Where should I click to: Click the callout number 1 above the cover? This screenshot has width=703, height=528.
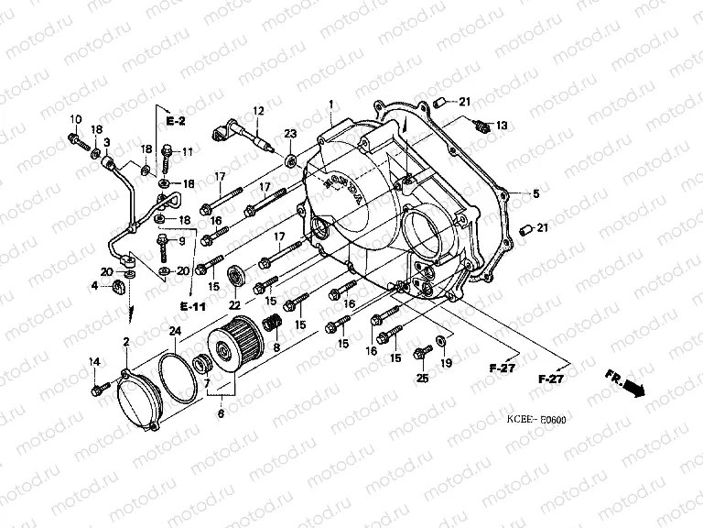coord(331,106)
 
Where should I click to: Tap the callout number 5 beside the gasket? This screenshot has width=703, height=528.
coord(536,193)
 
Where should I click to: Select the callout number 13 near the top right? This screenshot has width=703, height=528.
coord(501,125)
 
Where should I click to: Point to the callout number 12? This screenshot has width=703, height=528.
coord(259,111)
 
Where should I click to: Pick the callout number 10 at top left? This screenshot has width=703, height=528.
coord(75,119)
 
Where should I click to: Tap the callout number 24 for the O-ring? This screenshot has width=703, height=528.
coord(175,330)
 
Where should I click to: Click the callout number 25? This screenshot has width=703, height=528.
coord(422,379)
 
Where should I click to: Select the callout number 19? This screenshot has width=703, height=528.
coord(447,364)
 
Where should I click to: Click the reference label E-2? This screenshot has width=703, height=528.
coord(176,120)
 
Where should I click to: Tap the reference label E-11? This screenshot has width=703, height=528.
coord(193,304)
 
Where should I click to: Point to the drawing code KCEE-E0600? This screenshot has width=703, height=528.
coord(536,420)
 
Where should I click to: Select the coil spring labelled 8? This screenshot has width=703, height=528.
coord(271,324)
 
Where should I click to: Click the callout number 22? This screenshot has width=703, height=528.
coord(235,304)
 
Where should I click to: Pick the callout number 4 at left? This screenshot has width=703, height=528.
coord(94,287)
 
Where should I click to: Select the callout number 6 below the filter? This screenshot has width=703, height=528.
coord(220,414)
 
